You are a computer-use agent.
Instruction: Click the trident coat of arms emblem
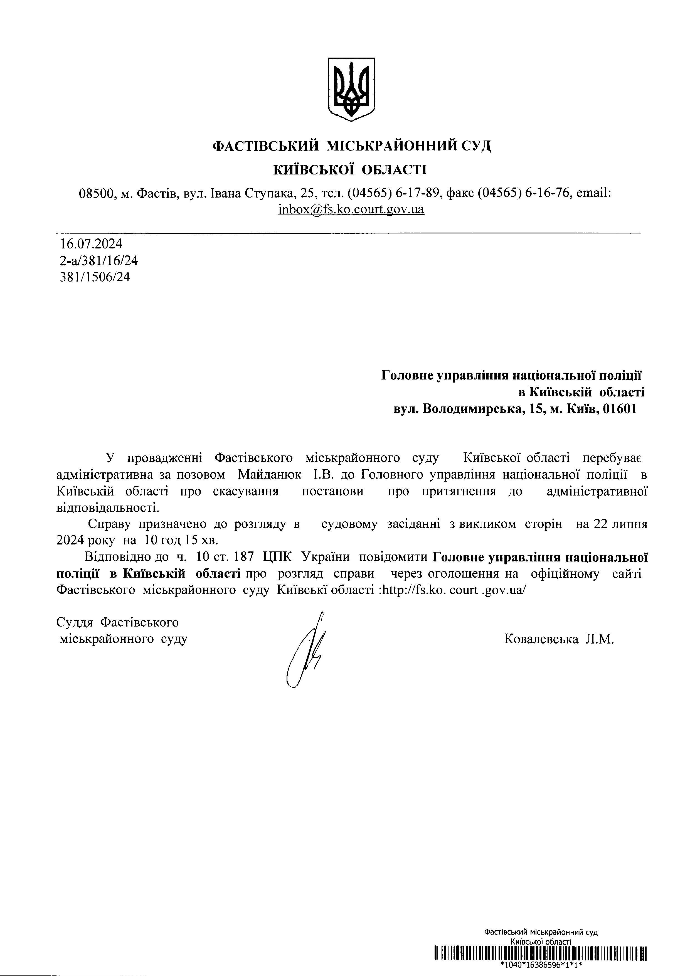tap(351, 89)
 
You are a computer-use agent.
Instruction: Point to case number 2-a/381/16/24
tap(99, 260)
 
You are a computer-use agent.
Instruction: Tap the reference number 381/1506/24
tap(95, 277)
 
